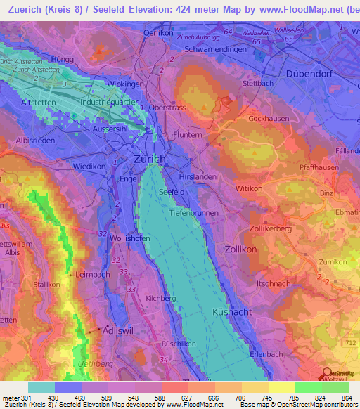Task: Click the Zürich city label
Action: click(149, 160)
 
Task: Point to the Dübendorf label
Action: click(308, 72)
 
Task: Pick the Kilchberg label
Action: click(160, 298)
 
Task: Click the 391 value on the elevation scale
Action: click(21, 397)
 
